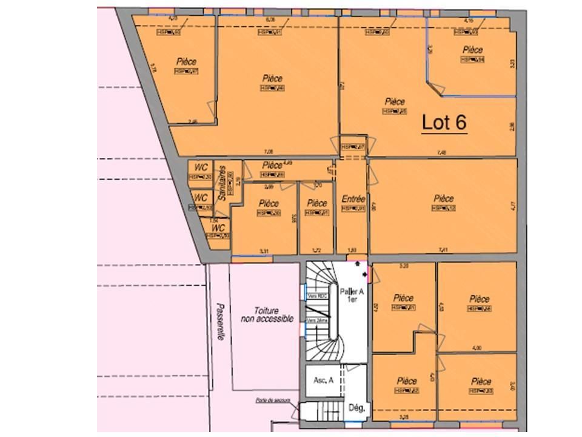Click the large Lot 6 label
point(444,123)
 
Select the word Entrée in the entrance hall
point(353,198)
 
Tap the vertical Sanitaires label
point(222,183)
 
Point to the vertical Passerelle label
point(219,322)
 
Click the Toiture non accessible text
point(267,314)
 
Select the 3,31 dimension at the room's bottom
point(263,251)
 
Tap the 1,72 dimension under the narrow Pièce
point(315,251)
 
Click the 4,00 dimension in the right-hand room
point(477,348)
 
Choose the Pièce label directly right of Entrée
point(444,198)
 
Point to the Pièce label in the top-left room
point(187,61)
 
